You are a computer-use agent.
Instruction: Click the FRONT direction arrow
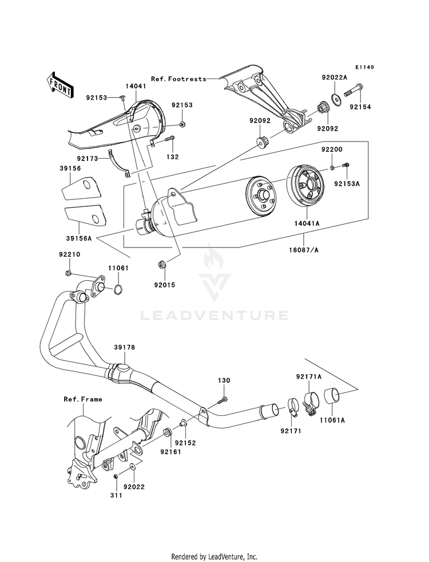point(60,85)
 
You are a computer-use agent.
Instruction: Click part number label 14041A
point(307,223)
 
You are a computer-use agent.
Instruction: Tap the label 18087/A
point(304,250)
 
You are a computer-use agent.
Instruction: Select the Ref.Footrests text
point(178,78)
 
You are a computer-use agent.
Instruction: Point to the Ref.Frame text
point(83,399)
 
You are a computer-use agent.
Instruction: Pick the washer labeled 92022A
point(335,98)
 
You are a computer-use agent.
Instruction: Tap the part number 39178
point(125,347)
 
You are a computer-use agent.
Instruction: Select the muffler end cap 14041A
point(305,186)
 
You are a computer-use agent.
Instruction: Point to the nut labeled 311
point(116,476)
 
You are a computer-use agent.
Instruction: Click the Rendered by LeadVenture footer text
point(214,556)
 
